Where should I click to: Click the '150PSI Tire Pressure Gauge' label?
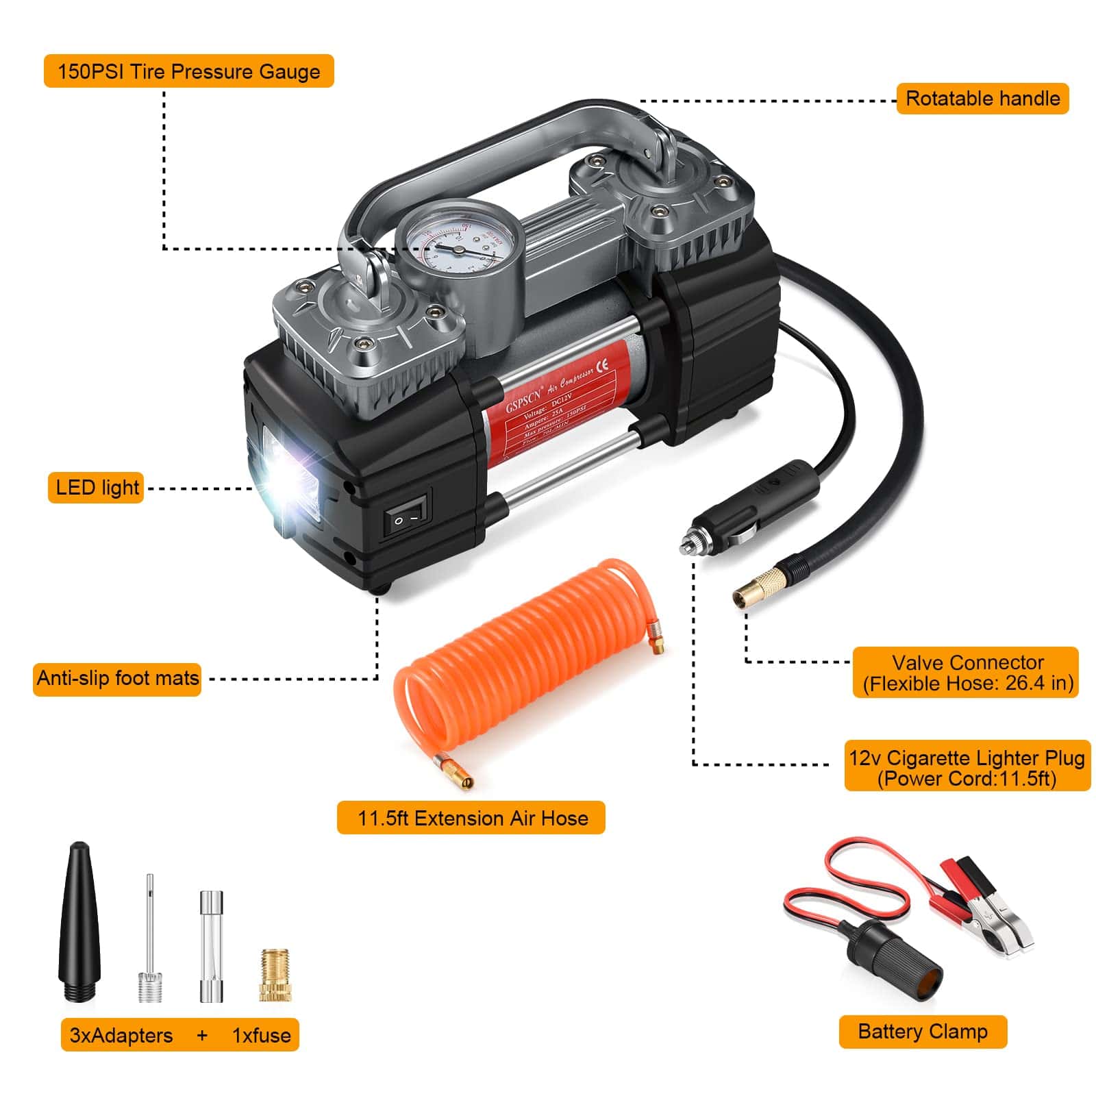click(x=188, y=71)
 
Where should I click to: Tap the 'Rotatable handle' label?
click(x=982, y=99)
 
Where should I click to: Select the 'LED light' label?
click(x=96, y=488)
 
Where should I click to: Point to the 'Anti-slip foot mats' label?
click(x=117, y=678)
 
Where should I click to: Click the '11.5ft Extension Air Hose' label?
click(x=471, y=818)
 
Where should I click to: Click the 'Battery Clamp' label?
click(x=922, y=1032)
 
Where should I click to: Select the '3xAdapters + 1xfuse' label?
click(x=179, y=1035)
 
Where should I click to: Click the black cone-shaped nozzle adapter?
click(x=80, y=925)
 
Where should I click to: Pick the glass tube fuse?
click(x=212, y=947)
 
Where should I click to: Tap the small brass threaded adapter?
click(x=275, y=975)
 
